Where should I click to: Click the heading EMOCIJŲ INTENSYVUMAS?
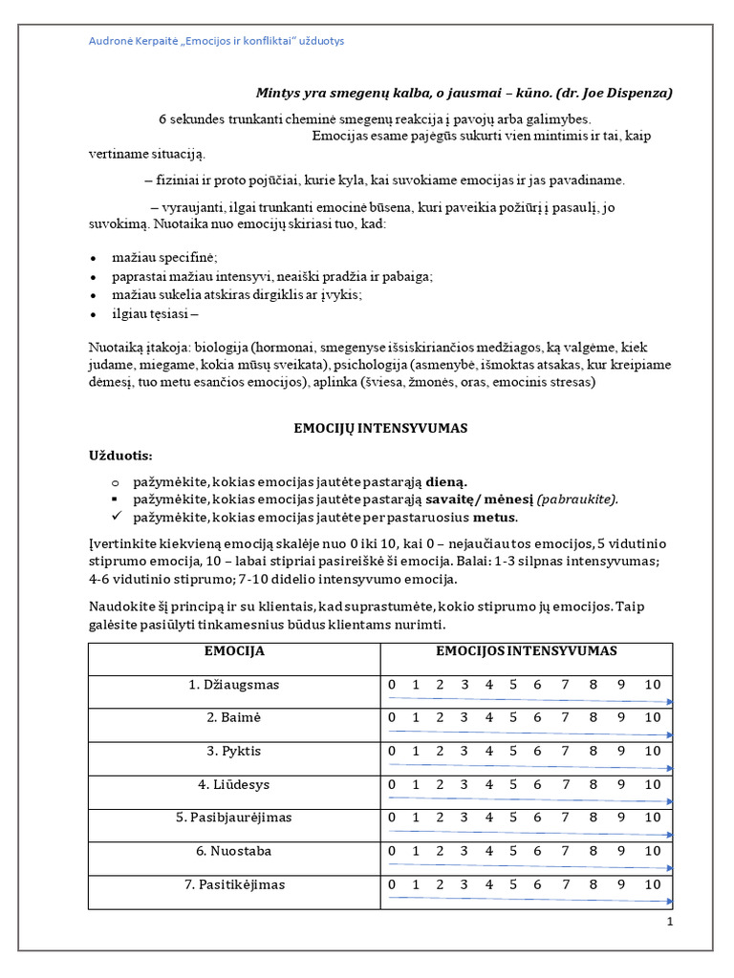coord(379,429)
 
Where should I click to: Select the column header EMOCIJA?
coord(234,651)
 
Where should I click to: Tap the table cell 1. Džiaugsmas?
coord(234,685)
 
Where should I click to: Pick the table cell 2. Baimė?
coord(234,718)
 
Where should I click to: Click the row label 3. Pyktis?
coord(234,752)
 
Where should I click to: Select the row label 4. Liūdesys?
coord(234,785)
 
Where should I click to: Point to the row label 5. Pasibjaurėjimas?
coord(234,819)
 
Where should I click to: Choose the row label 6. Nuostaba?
coord(234,852)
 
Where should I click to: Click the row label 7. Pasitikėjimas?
coord(234,885)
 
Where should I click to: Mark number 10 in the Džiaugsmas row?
coord(652,685)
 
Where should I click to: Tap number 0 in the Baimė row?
coord(391,718)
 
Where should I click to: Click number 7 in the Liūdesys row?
coord(565,785)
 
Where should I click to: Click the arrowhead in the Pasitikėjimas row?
coord(669,902)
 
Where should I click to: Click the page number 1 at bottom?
coord(670,922)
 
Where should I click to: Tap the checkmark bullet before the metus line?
coord(115,517)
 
